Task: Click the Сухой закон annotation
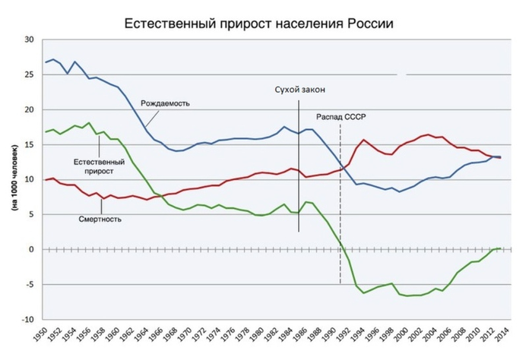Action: [299, 90]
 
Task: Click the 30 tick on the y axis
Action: [28, 39]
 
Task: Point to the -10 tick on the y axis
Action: [27, 320]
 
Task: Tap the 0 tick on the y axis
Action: [31, 250]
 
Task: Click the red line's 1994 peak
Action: [365, 140]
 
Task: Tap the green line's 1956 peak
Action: [89, 122]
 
